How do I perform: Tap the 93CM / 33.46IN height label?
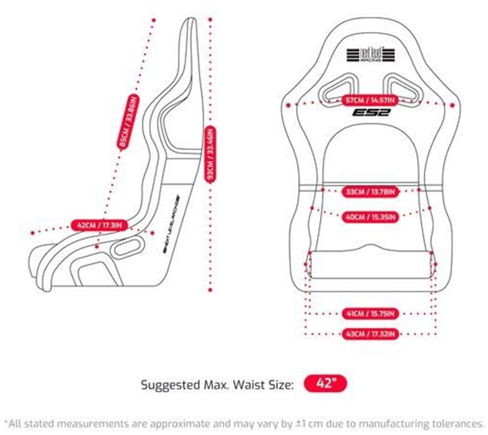210,154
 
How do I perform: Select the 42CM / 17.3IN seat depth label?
99,225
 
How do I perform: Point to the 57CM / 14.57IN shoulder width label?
370,100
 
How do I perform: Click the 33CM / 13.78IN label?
370,192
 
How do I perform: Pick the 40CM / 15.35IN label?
370,217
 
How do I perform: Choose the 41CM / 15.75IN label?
370,313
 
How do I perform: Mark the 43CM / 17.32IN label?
370,334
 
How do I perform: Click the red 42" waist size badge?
325,384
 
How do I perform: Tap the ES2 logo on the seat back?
371,113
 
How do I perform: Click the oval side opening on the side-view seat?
127,248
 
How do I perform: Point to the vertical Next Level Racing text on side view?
171,224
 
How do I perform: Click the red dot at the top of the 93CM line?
210,20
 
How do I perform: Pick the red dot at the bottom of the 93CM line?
210,290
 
